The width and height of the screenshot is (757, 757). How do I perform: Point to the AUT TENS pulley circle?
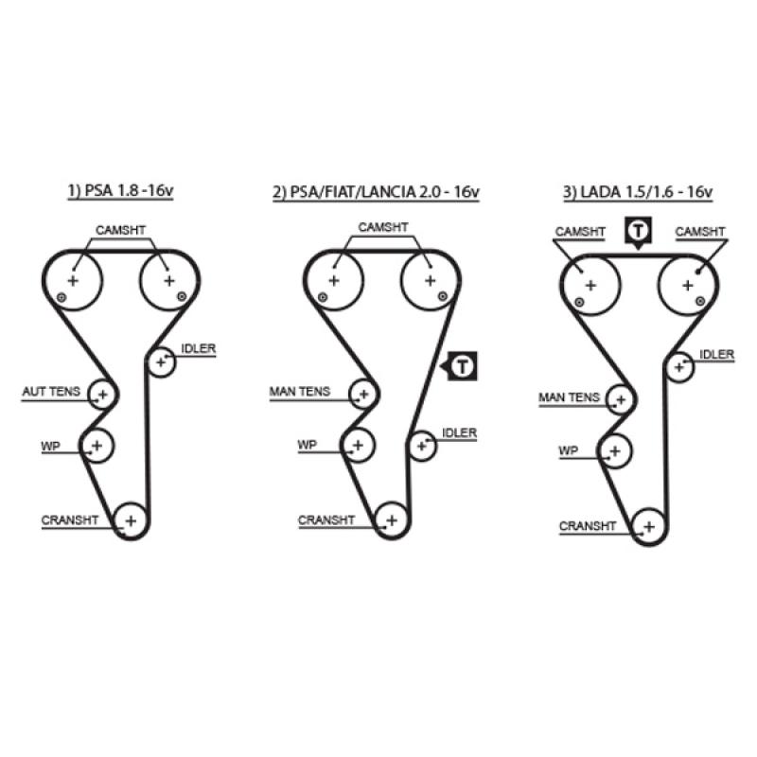coord(101,394)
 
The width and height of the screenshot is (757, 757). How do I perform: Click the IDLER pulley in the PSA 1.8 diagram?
coord(162,361)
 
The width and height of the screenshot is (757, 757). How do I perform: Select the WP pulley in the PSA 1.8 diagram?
coord(97,443)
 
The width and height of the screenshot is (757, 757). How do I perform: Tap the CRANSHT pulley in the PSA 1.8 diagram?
coord(130,519)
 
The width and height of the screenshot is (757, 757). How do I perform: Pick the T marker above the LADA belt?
coord(640,230)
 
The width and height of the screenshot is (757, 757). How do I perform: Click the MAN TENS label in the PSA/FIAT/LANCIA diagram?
coord(300,391)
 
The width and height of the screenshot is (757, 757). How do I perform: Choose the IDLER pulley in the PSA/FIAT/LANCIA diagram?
coord(422,444)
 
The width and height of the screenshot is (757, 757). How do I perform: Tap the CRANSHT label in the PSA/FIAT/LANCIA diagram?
coord(326,519)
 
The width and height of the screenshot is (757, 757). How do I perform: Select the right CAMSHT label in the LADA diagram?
coord(700,231)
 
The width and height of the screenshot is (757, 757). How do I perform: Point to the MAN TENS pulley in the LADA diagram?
coord(621,399)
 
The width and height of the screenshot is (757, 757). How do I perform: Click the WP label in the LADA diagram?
coord(568,451)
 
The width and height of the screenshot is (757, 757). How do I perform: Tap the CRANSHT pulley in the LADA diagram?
coord(648,525)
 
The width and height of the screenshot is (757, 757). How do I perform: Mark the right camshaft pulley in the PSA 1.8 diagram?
coord(168,280)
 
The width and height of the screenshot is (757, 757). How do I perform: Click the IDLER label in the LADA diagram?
coord(716,354)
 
